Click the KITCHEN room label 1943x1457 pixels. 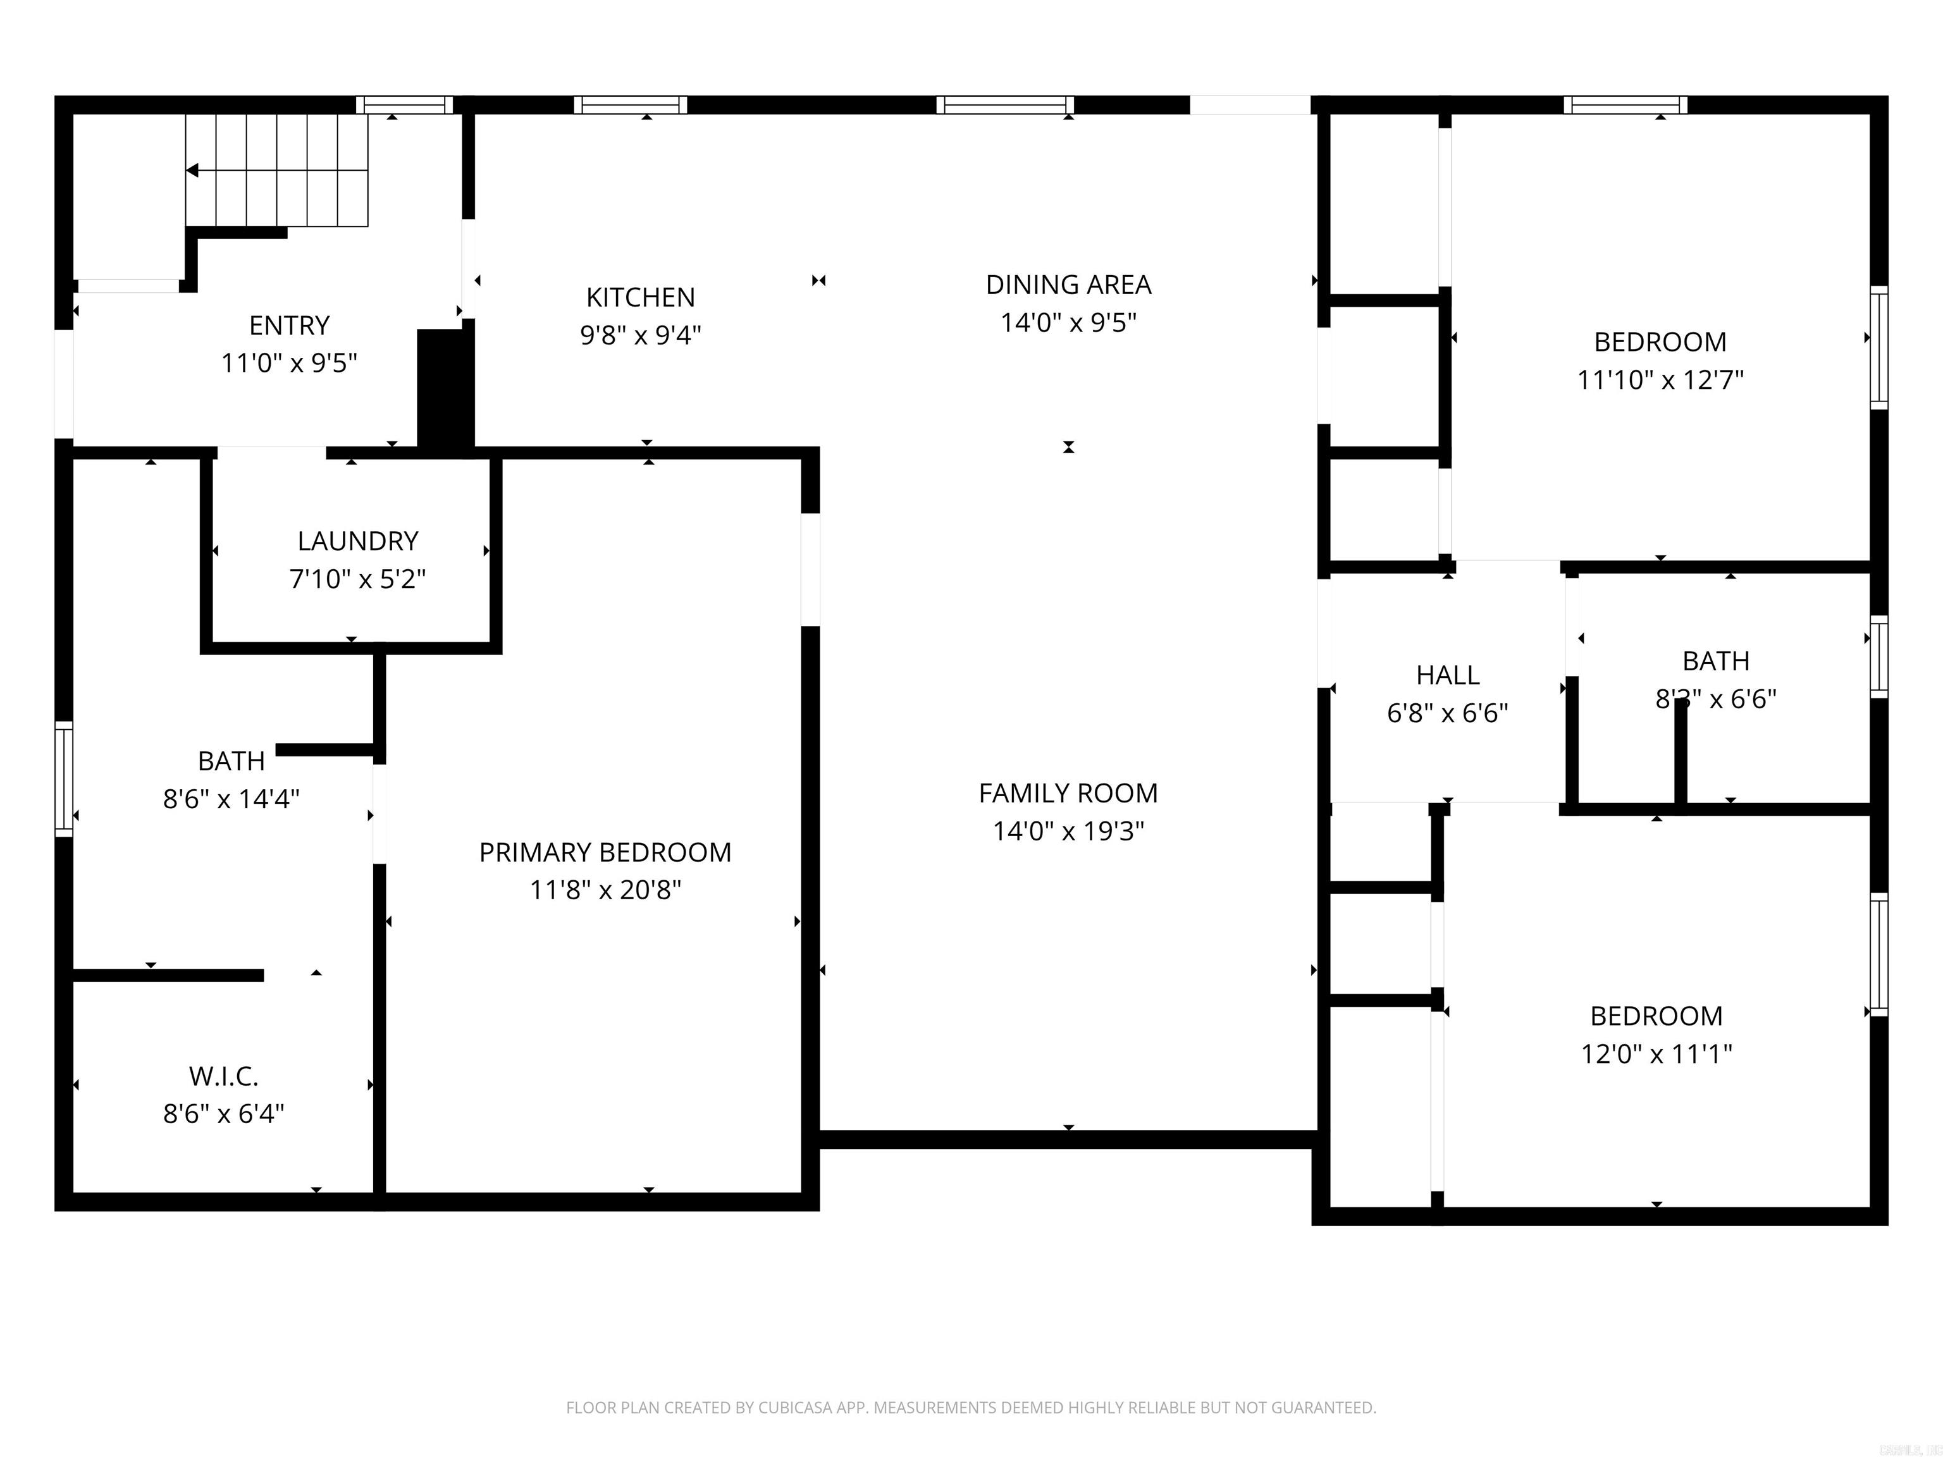pos(640,298)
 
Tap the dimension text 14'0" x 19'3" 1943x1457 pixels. pos(1068,831)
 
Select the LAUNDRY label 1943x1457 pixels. pos(357,541)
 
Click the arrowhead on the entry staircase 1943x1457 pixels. pos(192,170)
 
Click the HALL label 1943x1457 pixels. pos(1448,675)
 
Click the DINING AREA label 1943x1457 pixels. pos(1068,285)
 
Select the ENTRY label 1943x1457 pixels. pos(289,326)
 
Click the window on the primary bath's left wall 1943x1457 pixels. pos(63,778)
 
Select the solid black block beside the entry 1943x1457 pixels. pos(445,388)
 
